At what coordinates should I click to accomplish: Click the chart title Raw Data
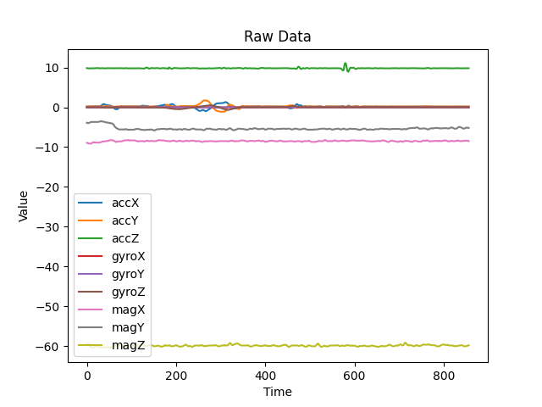pos(277,36)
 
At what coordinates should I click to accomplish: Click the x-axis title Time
pos(277,392)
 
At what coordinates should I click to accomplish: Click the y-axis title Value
pos(24,206)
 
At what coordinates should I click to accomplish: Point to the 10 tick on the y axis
pos(52,68)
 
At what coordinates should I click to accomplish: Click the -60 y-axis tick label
pos(47,346)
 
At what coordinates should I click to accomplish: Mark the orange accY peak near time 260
pos(206,100)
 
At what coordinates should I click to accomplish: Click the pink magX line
pos(339,141)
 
